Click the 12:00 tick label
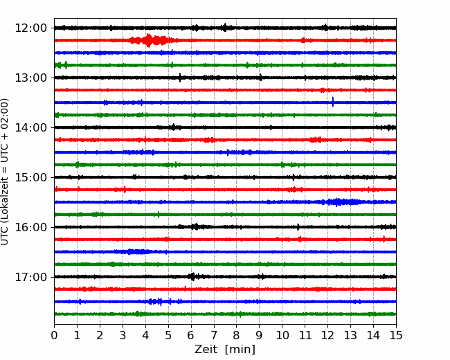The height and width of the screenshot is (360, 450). pos(30,28)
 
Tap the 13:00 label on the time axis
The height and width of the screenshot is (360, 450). pos(30,78)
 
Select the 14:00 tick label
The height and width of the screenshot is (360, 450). pos(30,127)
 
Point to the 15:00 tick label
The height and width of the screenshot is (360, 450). pos(30,177)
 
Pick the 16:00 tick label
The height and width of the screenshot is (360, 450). pos(30,227)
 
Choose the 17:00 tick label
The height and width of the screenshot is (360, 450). pos(30,277)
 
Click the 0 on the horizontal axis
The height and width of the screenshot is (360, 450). pos(54,335)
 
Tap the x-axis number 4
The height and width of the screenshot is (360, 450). pos(145,335)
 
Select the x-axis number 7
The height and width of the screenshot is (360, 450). pos(214,335)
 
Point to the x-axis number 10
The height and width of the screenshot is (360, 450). pos(282,335)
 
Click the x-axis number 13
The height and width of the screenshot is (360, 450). pos(350,335)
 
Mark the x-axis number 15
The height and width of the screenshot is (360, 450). pos(396,335)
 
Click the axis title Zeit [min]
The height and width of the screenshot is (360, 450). pos(225,350)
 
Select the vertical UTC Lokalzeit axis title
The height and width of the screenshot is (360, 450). pos(5,172)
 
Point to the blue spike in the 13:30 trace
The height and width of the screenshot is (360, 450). pos(333,102)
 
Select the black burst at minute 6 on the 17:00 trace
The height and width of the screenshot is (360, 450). pos(193,277)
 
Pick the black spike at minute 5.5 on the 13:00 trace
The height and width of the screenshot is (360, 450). pos(180,78)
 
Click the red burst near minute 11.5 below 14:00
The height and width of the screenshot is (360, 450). pos(316,140)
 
